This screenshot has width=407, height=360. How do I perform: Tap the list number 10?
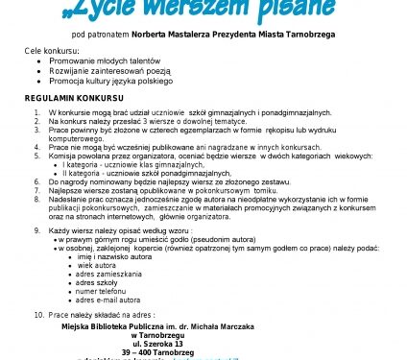coord(38,314)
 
